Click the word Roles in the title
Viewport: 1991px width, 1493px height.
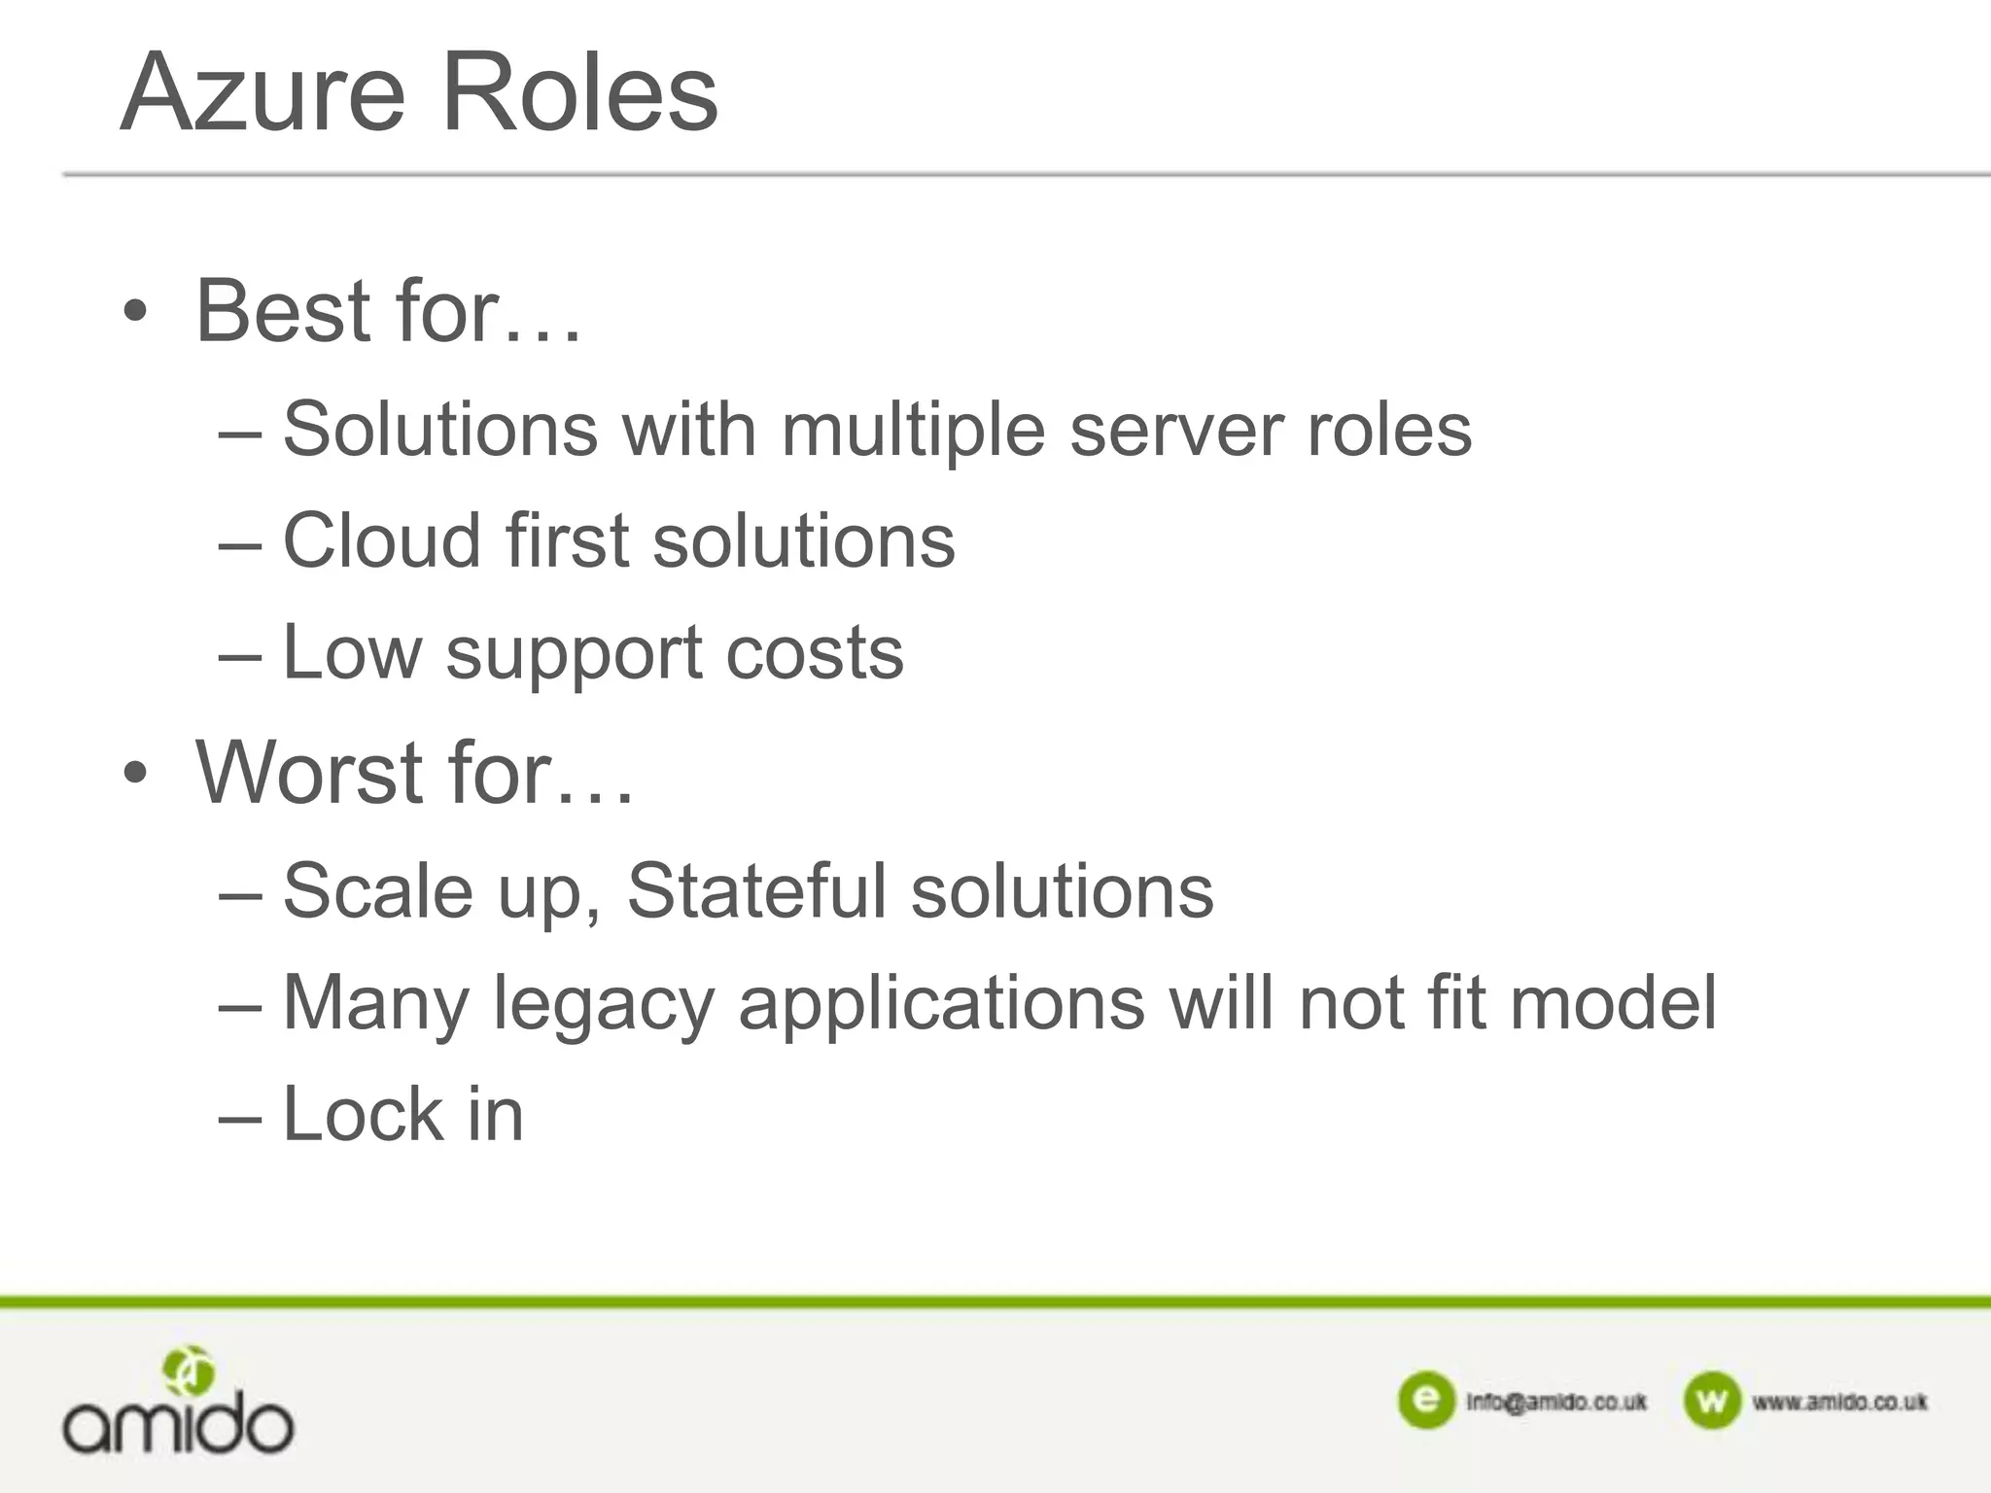click(x=579, y=93)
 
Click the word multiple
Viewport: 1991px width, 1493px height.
click(x=913, y=431)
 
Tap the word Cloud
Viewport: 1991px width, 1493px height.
click(x=381, y=540)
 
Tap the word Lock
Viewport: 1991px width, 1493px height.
click(x=363, y=1114)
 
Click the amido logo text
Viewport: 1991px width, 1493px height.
click(x=178, y=1425)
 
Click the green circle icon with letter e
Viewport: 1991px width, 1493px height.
click(x=1426, y=1401)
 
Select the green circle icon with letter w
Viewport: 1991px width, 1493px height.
click(x=1711, y=1401)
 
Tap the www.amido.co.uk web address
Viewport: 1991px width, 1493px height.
click(x=1839, y=1402)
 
